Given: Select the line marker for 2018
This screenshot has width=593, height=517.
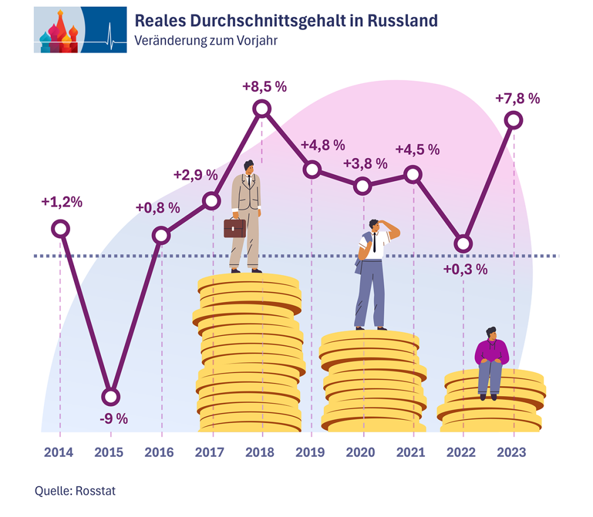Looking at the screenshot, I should click(x=262, y=108).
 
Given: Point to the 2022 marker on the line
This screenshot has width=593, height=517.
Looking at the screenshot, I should click(x=463, y=244).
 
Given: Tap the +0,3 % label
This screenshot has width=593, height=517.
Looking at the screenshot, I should click(x=465, y=269).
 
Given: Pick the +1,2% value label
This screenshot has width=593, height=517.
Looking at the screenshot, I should click(x=61, y=202).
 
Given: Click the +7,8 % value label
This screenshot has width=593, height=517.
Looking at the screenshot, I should click(x=517, y=98).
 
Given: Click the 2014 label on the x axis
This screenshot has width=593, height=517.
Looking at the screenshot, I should click(x=59, y=452).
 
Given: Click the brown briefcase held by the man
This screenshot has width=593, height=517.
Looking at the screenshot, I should click(x=235, y=228).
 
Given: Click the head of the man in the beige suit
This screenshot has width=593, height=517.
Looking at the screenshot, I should click(x=248, y=167).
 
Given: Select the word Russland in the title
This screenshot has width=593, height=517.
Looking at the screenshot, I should click(x=403, y=21).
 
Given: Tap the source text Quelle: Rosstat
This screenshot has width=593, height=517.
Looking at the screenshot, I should click(x=75, y=492).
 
